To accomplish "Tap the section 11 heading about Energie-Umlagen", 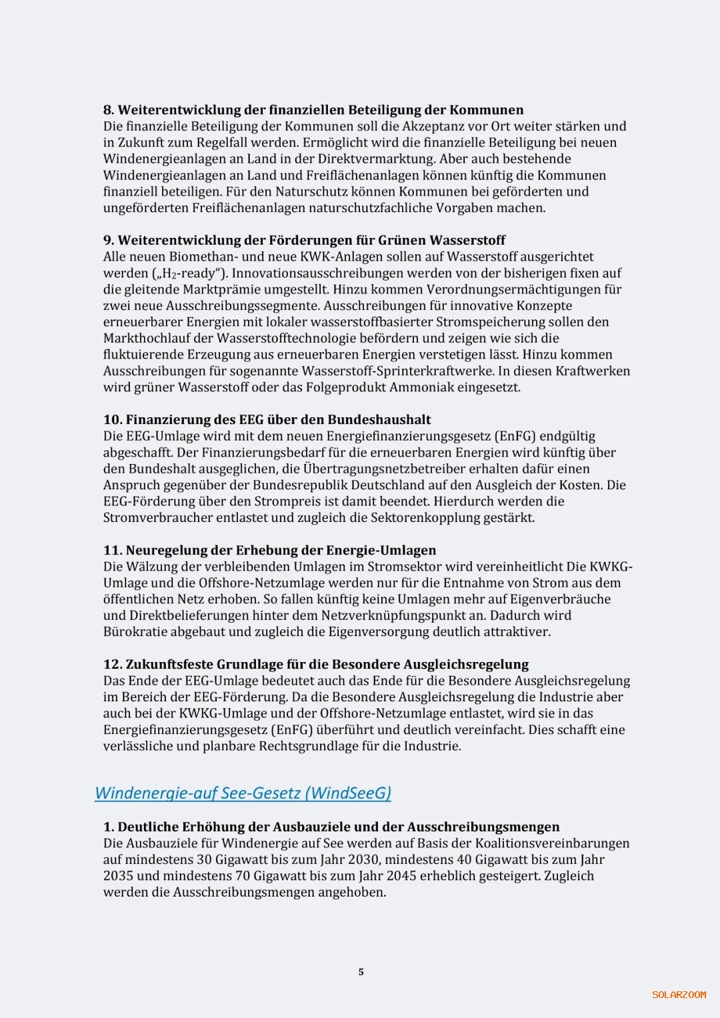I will coord(269,551).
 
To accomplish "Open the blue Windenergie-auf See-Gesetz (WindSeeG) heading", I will coord(243,793).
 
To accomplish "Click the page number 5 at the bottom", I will coord(361,972).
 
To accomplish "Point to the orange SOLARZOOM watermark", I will coord(679,995).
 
